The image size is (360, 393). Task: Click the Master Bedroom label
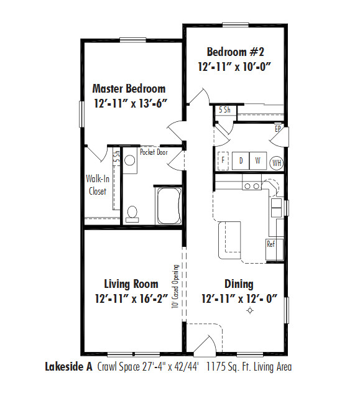[x=129, y=88]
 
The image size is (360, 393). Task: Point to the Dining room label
[x=239, y=284]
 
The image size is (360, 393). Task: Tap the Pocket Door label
[x=154, y=152]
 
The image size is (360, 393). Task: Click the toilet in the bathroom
[x=132, y=213]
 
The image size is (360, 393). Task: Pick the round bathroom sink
[x=130, y=160]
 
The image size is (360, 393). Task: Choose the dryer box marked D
[x=241, y=160]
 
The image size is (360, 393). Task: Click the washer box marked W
[x=257, y=160]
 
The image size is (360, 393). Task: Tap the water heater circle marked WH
[x=277, y=162]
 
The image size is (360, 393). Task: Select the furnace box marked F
[x=223, y=160]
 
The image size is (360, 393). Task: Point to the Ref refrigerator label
[x=271, y=244]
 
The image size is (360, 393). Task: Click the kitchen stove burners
[x=252, y=185]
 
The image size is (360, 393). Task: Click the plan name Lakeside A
[x=69, y=367]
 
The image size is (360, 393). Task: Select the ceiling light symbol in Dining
[x=251, y=310]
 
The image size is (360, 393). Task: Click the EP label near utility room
[x=278, y=129]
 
